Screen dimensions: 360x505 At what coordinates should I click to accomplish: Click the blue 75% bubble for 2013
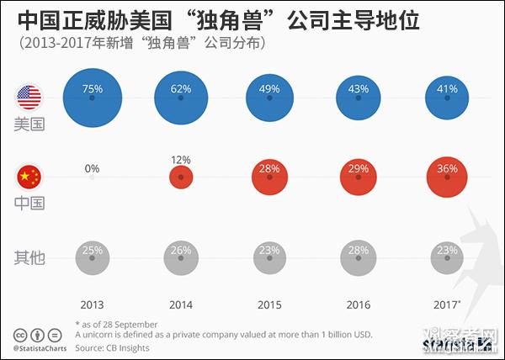pos(93,98)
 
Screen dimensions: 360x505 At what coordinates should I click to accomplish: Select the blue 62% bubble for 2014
pos(181,98)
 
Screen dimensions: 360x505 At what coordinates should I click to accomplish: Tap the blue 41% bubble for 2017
pos(447,98)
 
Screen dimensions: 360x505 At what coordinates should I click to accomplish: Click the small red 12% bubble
pos(181,177)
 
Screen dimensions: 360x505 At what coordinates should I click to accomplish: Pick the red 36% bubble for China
pos(447,177)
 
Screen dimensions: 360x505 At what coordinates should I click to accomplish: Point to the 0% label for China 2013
pos(92,168)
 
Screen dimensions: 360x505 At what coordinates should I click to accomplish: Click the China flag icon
pos(29,176)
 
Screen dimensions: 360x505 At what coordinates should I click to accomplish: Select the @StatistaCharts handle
pos(40,347)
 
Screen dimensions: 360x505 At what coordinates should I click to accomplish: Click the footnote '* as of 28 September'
pos(116,324)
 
